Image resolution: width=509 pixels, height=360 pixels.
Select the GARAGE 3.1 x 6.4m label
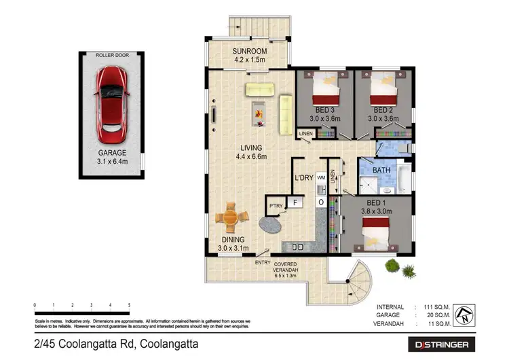(x=111, y=158)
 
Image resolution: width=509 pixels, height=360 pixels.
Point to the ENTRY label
(x=262, y=262)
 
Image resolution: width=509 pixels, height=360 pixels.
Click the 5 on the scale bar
(x=130, y=306)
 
